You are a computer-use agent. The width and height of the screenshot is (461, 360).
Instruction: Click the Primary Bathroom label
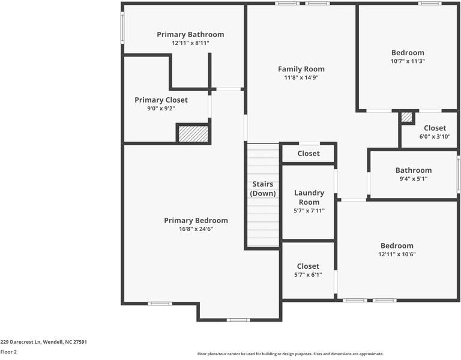click(190, 35)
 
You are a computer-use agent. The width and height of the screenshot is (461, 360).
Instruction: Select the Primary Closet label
click(161, 100)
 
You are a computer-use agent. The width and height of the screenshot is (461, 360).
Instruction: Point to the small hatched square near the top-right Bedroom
click(407, 118)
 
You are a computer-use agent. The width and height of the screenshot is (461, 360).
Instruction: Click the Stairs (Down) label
click(263, 189)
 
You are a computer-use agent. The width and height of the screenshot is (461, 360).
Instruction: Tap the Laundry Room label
click(309, 197)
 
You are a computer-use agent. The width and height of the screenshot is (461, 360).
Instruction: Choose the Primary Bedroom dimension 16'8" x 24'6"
click(196, 229)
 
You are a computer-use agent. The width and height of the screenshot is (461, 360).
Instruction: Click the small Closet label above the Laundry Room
click(309, 154)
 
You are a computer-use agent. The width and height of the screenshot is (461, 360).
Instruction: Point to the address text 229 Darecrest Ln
click(43, 342)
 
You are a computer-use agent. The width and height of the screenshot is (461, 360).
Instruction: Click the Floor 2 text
click(8, 352)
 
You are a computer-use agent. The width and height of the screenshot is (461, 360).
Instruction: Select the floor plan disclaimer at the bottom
click(290, 354)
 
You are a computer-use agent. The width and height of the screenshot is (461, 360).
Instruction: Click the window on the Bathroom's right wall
click(459, 174)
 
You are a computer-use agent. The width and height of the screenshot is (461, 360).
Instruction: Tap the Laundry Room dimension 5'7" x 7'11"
click(309, 211)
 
